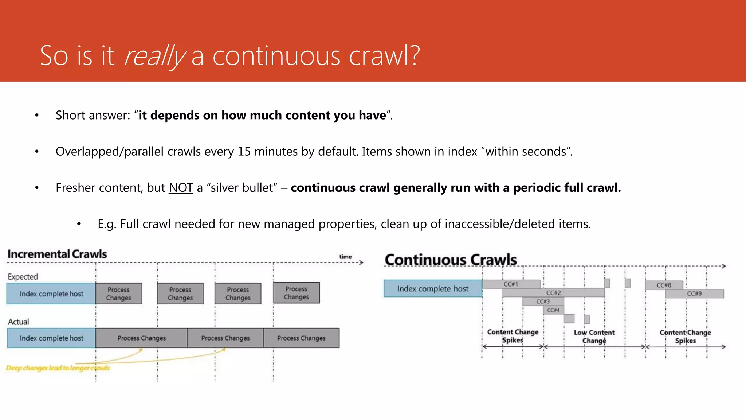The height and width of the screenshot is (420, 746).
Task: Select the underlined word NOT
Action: (181, 188)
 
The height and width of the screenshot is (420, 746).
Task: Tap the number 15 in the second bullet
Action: (244, 151)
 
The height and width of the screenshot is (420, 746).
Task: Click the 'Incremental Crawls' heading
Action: (57, 254)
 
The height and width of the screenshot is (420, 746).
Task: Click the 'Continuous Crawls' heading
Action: (451, 260)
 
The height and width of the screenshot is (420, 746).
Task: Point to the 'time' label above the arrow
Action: (345, 257)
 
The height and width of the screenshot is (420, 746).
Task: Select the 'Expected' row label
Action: (23, 277)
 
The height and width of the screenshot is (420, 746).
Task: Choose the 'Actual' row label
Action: (18, 322)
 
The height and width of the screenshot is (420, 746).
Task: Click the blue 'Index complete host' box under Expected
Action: (51, 294)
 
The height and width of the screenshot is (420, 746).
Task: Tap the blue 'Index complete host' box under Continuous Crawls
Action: (433, 289)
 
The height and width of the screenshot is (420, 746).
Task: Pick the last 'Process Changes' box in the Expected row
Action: (297, 293)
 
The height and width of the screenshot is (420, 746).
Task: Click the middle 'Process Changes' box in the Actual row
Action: (225, 338)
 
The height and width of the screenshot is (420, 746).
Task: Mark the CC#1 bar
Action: (511, 284)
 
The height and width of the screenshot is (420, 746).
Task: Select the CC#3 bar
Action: (543, 302)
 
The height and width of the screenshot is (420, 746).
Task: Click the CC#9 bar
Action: (694, 294)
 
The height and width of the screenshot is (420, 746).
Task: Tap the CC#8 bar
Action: (664, 285)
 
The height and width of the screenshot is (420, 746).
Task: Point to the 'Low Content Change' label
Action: (594, 337)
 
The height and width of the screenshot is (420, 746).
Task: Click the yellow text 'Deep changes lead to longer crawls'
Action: (58, 368)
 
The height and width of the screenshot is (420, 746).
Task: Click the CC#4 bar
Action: (553, 310)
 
